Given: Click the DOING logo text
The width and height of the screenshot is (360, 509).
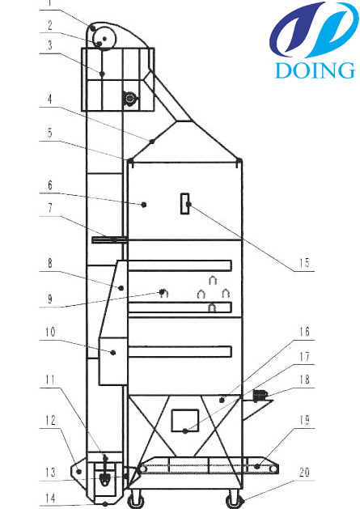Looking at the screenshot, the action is point(314,70).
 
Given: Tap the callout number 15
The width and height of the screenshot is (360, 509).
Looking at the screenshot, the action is point(304,263).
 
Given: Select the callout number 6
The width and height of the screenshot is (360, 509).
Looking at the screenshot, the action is point(50,185).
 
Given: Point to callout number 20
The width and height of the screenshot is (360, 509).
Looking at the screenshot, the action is point(304,472).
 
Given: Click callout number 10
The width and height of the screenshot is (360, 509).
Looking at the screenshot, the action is point(50,332).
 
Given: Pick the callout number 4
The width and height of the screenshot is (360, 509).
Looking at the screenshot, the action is point(49,99).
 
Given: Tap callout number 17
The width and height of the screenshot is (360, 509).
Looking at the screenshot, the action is point(304,357).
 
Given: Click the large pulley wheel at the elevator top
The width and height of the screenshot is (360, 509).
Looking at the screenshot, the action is point(105,38).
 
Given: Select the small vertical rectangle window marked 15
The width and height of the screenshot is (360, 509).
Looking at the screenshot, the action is point(185,204).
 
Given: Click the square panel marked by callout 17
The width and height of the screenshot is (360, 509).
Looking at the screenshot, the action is point(185,420).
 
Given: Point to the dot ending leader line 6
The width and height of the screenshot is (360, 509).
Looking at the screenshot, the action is point(144,205).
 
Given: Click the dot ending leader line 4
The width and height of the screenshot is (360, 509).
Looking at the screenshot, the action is point(152,141).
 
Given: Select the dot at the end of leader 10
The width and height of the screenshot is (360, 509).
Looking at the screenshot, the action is point(113,352).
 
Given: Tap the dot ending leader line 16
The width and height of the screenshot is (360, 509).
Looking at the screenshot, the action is point(222,401).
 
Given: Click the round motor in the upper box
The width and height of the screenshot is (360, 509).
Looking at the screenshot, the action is point(130,98).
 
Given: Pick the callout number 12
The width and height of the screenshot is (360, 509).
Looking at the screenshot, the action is point(50,420).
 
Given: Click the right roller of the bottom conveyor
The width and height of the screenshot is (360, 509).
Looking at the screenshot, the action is point(274,469).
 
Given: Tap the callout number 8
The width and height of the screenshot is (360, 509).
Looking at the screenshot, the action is point(50,263).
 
